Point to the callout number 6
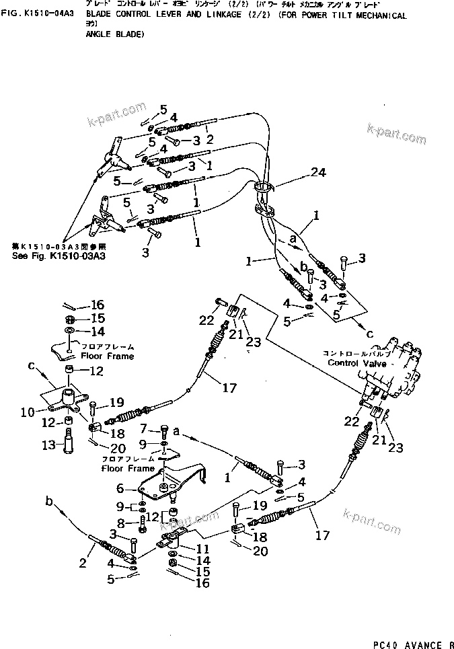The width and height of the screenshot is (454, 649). click(122, 488)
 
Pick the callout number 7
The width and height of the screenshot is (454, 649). click(143, 429)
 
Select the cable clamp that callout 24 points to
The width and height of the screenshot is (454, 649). click(266, 198)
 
